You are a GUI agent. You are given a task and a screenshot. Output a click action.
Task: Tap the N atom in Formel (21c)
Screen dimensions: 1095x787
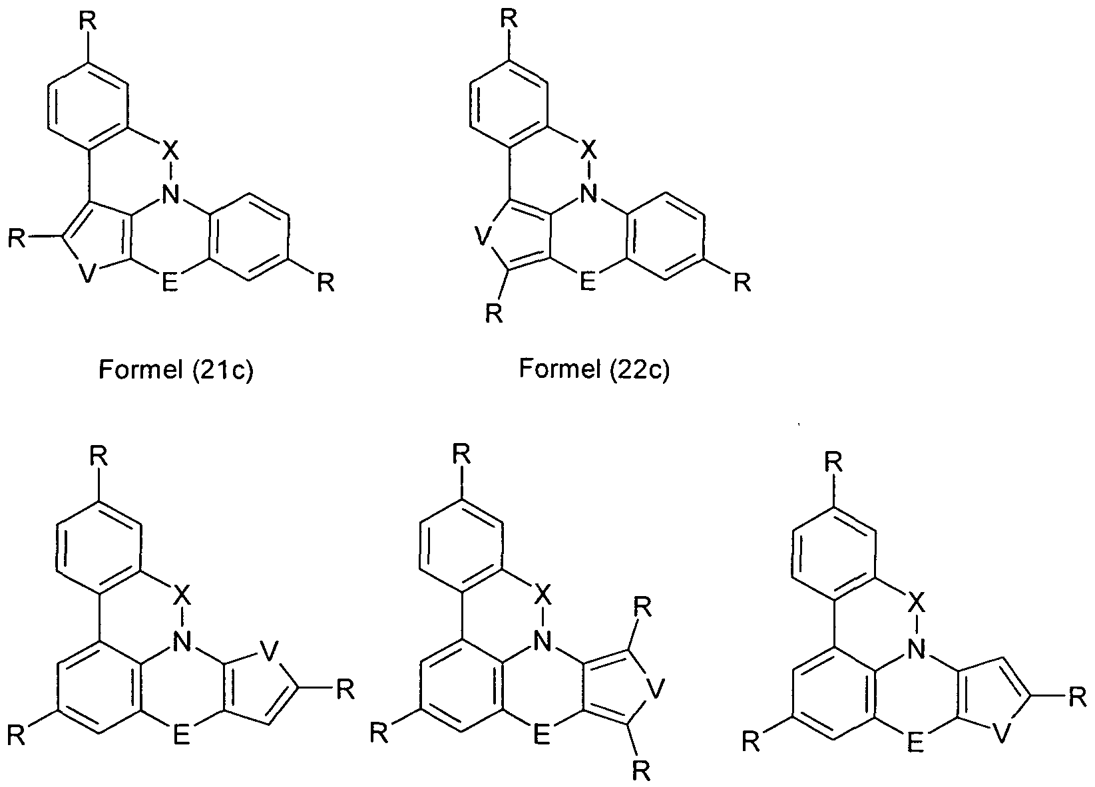170,194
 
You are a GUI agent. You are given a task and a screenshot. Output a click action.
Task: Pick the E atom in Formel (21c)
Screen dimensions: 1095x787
170,282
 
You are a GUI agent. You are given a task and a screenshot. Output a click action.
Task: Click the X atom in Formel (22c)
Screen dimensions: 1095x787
590,150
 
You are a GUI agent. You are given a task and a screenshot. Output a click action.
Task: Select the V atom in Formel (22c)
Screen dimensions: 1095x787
483,237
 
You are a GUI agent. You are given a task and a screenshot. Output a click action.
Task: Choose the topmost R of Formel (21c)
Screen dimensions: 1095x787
88,22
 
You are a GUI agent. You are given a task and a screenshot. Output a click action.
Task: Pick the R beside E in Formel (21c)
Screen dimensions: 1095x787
326,282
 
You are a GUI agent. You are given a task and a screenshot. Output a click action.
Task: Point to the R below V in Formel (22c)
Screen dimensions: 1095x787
494,313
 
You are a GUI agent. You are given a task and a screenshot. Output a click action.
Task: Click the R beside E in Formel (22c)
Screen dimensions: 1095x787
742,282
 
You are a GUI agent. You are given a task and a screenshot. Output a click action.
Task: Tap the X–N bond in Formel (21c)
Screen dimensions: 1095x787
170,172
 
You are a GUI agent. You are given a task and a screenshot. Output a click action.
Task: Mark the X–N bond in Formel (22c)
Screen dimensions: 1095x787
590,171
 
